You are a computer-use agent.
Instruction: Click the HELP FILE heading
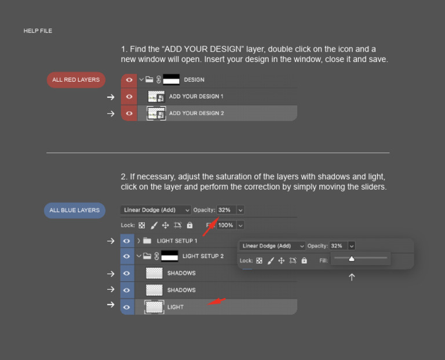click(38, 31)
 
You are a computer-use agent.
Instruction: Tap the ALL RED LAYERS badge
click(76, 80)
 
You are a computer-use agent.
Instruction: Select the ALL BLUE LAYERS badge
click(75, 210)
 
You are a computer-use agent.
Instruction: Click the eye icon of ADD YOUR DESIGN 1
click(129, 97)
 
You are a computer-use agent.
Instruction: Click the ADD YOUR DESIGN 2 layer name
click(196, 113)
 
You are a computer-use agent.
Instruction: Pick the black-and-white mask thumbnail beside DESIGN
click(171, 79)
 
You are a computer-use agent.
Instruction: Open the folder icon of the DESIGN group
click(149, 79)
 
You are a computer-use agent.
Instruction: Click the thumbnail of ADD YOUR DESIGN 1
click(156, 97)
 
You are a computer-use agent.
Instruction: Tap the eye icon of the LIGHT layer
click(126, 307)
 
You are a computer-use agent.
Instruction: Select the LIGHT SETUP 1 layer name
click(177, 241)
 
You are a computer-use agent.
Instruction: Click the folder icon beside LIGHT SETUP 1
click(147, 241)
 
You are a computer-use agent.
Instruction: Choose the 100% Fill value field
click(226, 225)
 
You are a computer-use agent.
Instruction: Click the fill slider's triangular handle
click(352, 259)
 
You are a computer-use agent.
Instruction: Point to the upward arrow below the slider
click(352, 277)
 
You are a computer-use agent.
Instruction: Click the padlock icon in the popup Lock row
click(304, 260)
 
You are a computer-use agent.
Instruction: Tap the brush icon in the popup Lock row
click(271, 261)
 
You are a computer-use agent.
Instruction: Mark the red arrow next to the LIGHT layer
click(217, 301)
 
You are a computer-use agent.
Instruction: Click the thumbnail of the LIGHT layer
click(154, 307)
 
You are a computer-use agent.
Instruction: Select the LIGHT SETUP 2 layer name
click(203, 256)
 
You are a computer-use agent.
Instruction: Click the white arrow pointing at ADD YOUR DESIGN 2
click(111, 114)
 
